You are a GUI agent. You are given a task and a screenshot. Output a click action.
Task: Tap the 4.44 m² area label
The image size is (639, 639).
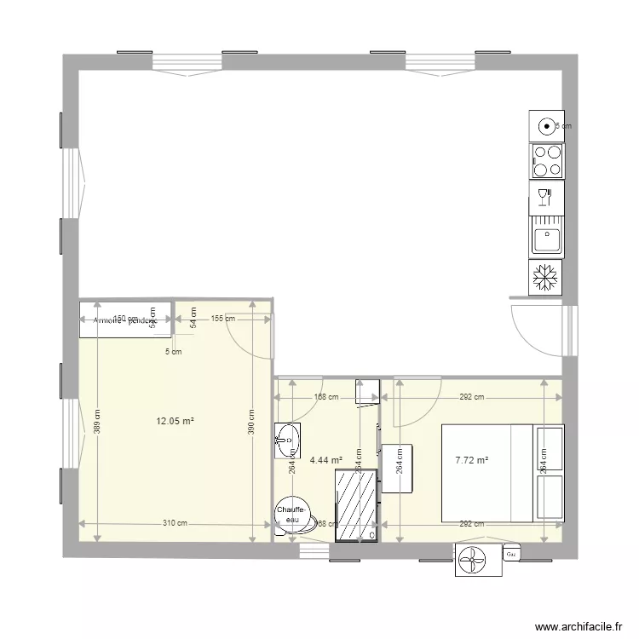326,460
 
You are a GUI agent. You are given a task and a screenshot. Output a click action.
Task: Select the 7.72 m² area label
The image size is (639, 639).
471,460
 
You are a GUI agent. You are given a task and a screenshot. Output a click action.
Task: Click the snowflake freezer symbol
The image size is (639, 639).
545,276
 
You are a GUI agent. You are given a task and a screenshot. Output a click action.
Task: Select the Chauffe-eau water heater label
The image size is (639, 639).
288,514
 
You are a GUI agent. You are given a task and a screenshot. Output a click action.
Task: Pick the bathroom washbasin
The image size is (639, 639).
289,440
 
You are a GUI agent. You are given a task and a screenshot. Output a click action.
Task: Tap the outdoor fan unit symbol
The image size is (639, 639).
475,560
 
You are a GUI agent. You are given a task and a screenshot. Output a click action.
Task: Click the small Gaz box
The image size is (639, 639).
511,555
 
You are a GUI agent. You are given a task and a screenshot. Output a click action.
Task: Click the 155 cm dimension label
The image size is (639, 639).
223,319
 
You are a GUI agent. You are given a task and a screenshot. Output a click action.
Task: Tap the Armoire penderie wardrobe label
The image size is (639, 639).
126,320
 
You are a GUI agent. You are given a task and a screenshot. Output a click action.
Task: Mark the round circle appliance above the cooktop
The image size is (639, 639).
545,126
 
